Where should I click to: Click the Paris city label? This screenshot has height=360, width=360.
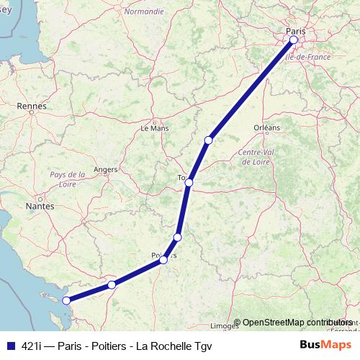(295, 31)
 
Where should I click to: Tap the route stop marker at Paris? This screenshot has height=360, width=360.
(293, 40)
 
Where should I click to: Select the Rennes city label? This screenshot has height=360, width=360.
(31, 106)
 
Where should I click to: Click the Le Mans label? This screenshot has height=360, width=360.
(153, 128)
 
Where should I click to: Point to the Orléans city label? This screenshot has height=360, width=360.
(266, 127)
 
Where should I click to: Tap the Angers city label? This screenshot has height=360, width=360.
(106, 170)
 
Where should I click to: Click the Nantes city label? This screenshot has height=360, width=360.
(40, 206)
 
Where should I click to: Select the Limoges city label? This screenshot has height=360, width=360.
(225, 325)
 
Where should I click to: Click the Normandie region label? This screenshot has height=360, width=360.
(144, 12)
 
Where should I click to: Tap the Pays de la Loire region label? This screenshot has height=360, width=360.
(68, 179)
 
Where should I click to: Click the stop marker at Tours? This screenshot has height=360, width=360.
(189, 183)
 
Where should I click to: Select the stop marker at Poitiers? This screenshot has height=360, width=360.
(164, 260)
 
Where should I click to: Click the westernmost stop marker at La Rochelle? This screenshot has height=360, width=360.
(66, 301)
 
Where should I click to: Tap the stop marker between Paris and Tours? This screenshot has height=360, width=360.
(208, 140)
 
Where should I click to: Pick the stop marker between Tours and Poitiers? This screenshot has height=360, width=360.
(177, 237)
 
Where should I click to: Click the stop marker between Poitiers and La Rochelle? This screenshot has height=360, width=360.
(112, 285)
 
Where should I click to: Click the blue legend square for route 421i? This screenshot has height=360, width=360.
(11, 344)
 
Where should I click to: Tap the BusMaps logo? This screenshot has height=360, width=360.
(325, 343)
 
